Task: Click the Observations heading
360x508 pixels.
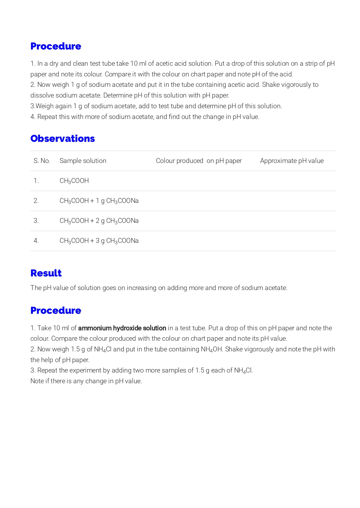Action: (x=63, y=139)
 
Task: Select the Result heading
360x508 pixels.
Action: (x=46, y=273)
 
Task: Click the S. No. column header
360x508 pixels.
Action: (x=42, y=161)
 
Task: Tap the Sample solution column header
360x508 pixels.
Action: (x=83, y=161)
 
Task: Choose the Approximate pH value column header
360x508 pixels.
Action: (x=292, y=161)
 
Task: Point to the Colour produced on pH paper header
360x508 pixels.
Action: (x=199, y=161)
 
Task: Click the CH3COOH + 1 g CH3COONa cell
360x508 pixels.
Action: (x=99, y=201)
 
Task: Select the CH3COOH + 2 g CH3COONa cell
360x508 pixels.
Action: (x=99, y=221)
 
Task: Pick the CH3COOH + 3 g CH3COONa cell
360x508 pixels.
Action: (x=99, y=241)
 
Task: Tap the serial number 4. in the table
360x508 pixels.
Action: (x=36, y=241)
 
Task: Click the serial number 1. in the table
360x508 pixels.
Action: (x=36, y=181)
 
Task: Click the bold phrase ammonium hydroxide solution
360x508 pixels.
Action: (x=122, y=328)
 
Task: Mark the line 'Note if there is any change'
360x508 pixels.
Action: (x=86, y=381)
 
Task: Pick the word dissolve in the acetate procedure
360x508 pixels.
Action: (x=42, y=96)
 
